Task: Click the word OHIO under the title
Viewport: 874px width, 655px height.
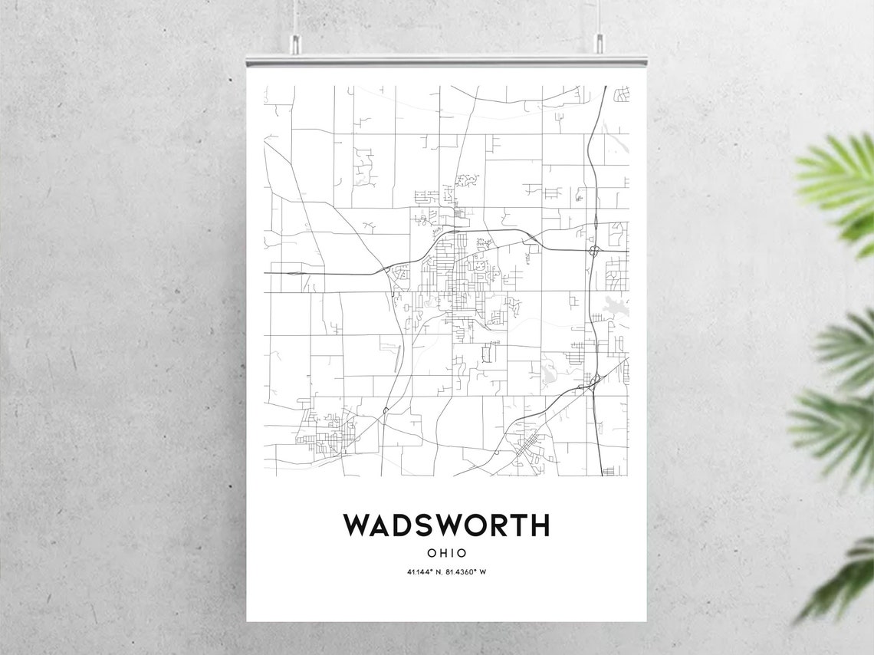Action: coord(446,552)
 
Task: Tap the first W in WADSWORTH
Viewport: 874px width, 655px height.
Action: coord(357,525)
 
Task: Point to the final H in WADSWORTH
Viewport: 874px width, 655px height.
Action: coord(540,525)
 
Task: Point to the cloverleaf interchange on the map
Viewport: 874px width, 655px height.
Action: coord(594,250)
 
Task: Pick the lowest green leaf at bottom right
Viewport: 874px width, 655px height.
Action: coord(843,583)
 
